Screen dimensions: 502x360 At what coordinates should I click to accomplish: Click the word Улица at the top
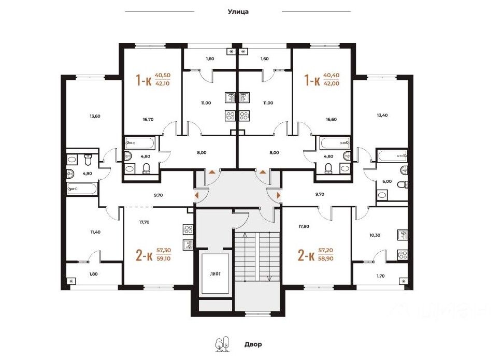pyautogui.click(x=238, y=12)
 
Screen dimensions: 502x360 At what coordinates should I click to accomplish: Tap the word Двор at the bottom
pyautogui.click(x=253, y=344)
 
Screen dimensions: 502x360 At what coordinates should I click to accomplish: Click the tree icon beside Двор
pyautogui.click(x=222, y=344)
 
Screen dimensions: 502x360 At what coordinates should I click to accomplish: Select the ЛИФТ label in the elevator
pyautogui.click(x=216, y=274)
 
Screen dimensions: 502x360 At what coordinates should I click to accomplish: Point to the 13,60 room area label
pyautogui.click(x=95, y=116)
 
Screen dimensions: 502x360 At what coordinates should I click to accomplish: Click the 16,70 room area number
pyautogui.click(x=148, y=119)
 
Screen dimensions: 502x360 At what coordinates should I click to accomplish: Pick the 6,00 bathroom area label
pyautogui.click(x=387, y=181)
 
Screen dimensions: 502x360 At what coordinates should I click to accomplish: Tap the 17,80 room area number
pyautogui.click(x=304, y=226)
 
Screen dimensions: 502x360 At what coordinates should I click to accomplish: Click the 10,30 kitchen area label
pyautogui.click(x=375, y=235)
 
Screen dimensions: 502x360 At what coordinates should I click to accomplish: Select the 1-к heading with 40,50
pyautogui.click(x=144, y=80)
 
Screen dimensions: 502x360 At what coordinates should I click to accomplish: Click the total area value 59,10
pyautogui.click(x=163, y=258)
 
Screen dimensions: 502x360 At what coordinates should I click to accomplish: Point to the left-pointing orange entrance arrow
pyautogui.click(x=196, y=195)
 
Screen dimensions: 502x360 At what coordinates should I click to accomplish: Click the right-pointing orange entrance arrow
pyautogui.click(x=279, y=195)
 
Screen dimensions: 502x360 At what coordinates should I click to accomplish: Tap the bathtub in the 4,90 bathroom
pyautogui.click(x=82, y=189)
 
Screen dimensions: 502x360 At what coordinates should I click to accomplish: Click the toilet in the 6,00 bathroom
pyautogui.click(x=403, y=184)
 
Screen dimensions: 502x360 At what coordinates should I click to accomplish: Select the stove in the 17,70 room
pyautogui.click(x=188, y=229)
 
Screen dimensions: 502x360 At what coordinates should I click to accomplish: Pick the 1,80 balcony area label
pyautogui.click(x=93, y=274)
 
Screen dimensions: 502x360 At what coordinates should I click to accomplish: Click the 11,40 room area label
pyautogui.click(x=95, y=232)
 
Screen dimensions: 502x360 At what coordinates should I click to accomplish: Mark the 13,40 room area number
pyautogui.click(x=382, y=115)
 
